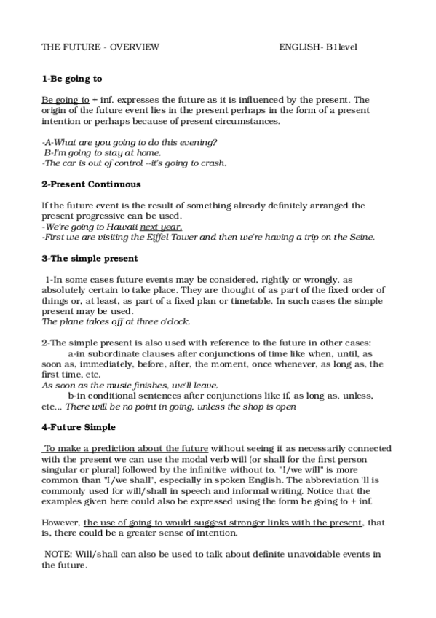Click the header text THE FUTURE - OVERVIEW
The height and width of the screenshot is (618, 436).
100,47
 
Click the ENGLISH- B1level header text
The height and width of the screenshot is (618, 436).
317,47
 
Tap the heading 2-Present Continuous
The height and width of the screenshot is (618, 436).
91,185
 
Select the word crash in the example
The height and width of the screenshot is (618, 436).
213,163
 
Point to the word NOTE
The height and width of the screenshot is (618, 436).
58,555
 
